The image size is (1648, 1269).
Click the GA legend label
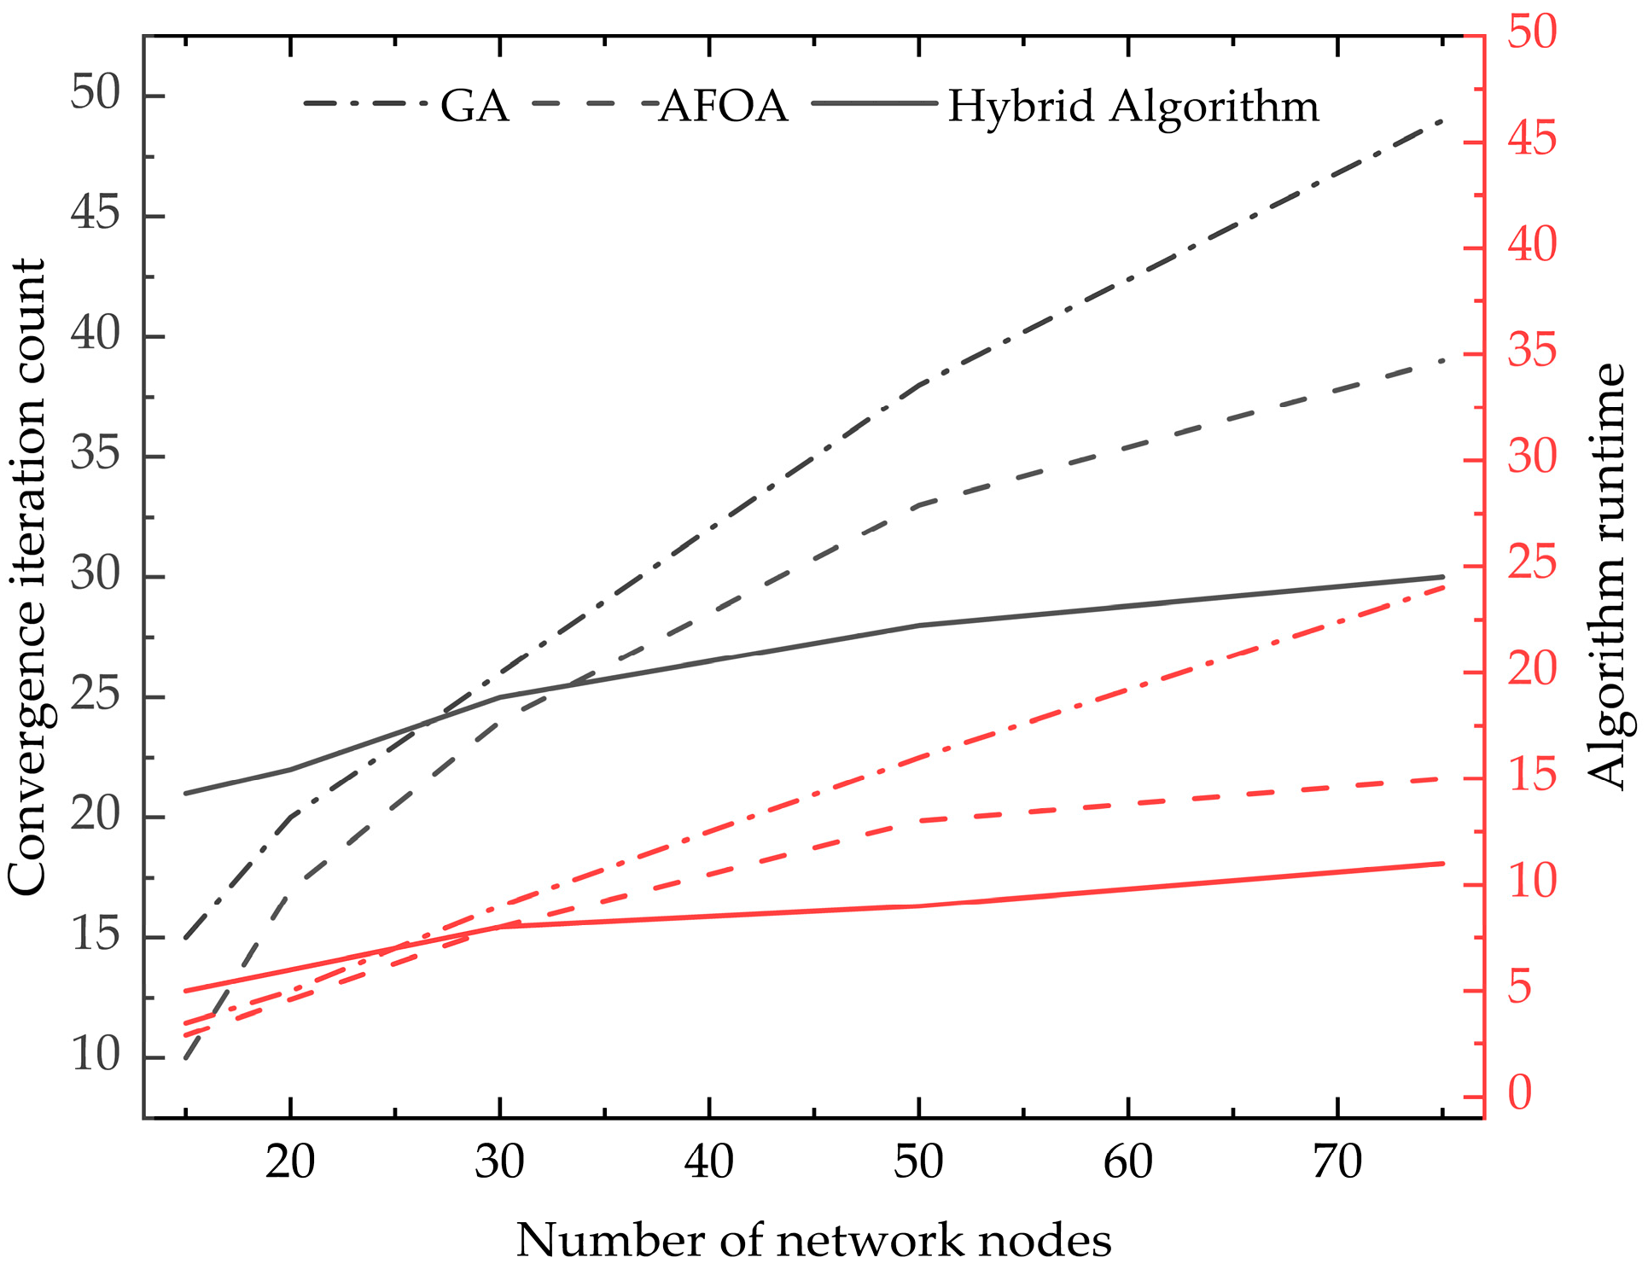(x=475, y=107)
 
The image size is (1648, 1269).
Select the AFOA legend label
(x=724, y=107)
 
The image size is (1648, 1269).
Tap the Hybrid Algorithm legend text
(x=1133, y=107)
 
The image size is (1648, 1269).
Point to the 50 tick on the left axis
(x=96, y=93)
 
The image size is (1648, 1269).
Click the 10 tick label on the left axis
(x=96, y=1056)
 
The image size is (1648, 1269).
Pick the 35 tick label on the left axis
(x=96, y=454)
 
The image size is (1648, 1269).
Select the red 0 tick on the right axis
(x=1520, y=1093)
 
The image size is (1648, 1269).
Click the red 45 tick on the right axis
(x=1532, y=139)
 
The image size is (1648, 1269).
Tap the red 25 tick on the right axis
(x=1532, y=563)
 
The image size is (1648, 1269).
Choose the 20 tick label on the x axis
(x=290, y=1162)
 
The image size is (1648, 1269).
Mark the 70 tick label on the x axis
(x=1336, y=1162)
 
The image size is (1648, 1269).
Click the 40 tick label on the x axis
(x=709, y=1162)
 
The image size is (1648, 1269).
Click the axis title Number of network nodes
(x=813, y=1241)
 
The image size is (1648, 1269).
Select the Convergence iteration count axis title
(x=27, y=577)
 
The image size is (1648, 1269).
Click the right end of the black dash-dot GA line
(x=1441, y=121)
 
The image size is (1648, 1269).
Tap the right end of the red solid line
(x=1442, y=864)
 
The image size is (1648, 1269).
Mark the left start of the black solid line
(x=186, y=794)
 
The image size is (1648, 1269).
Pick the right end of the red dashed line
(x=1442, y=778)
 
